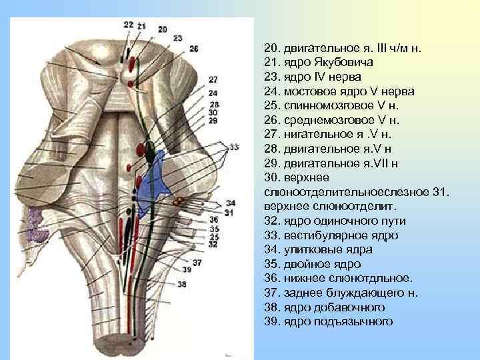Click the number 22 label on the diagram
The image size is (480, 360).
[128, 25]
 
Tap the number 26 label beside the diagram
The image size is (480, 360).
[194, 49]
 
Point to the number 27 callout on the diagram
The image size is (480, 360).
[213, 79]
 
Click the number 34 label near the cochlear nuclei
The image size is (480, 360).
[230, 203]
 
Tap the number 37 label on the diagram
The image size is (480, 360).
[197, 262]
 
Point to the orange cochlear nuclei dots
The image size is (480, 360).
[178, 200]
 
